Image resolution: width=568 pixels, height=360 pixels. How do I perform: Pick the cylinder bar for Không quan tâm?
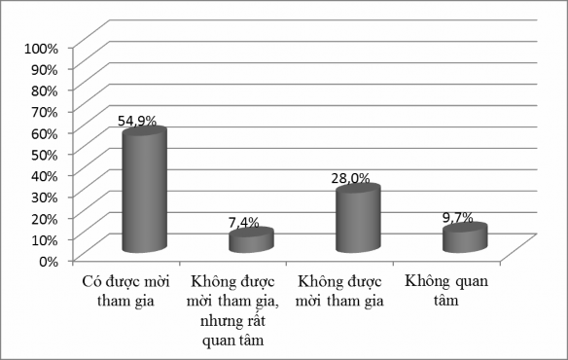click(x=464, y=239)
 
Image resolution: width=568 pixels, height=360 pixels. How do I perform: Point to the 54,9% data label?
click(x=138, y=123)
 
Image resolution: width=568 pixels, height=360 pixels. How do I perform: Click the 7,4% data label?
click(x=243, y=223)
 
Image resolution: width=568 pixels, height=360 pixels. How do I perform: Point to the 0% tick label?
click(x=49, y=260)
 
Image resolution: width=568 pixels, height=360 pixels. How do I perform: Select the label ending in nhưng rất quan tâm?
click(x=232, y=310)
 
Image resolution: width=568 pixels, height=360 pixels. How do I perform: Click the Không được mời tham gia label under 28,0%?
click(x=340, y=291)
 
